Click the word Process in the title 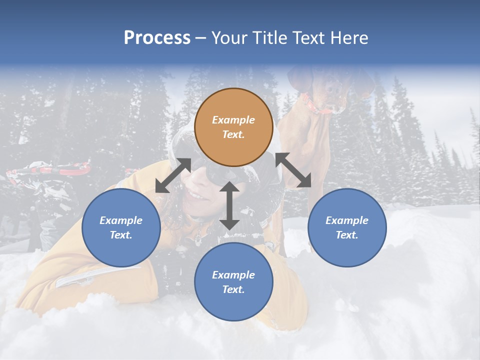[157, 38]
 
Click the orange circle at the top [233, 127]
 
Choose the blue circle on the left [121, 227]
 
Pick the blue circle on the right [346, 227]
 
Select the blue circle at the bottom [233, 282]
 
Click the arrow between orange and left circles [173, 175]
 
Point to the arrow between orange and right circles [293, 170]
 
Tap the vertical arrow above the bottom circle [229, 205]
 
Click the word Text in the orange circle [233, 135]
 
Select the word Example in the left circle [121, 220]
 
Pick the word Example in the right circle [347, 220]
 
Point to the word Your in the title [228, 38]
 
